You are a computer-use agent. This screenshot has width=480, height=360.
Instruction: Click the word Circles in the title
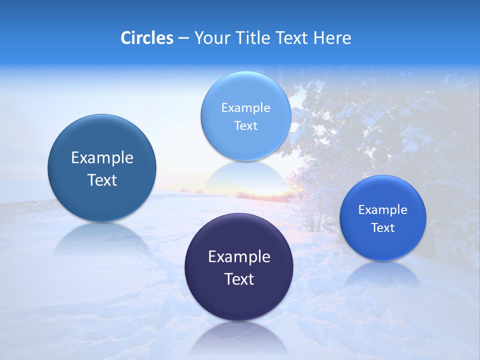[146, 38]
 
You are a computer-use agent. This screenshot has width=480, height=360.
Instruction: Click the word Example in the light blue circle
[245, 107]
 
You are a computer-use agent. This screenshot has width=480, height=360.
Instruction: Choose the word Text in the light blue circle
[245, 125]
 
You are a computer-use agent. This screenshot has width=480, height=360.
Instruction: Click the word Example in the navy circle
[239, 256]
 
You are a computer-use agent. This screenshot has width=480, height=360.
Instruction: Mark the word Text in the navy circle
[239, 279]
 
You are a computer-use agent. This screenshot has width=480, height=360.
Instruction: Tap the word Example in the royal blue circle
[382, 209]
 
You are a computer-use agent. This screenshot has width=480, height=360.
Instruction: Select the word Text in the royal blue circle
[382, 227]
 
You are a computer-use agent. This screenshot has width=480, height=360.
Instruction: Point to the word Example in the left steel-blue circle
[102, 157]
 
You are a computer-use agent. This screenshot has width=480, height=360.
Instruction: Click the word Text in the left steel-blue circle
[102, 180]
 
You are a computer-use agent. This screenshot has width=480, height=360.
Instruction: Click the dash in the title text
[183, 38]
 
